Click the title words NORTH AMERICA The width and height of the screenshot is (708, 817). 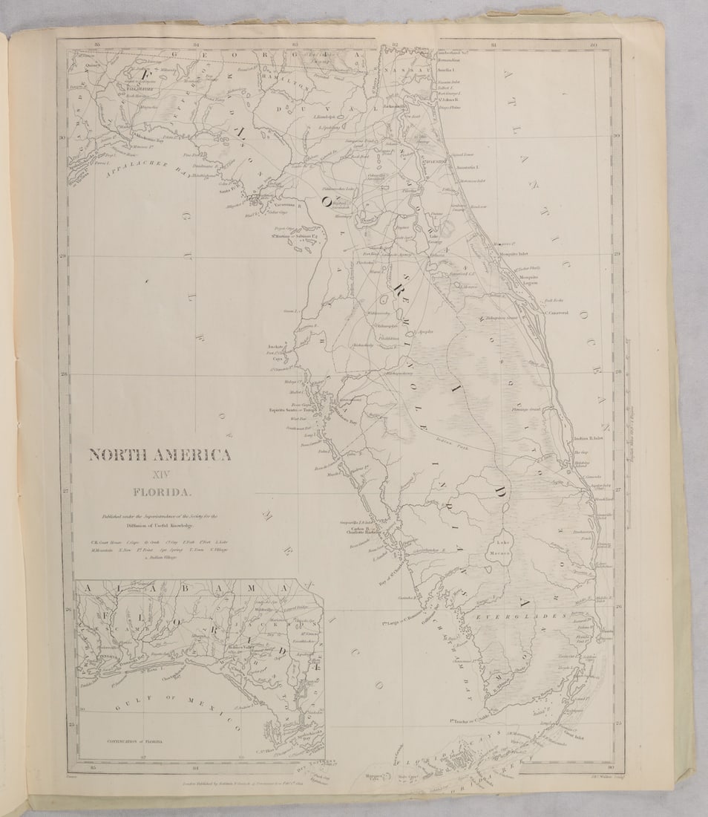160,455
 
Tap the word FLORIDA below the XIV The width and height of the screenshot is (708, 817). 162,491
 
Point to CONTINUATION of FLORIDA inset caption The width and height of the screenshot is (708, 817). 122,741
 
